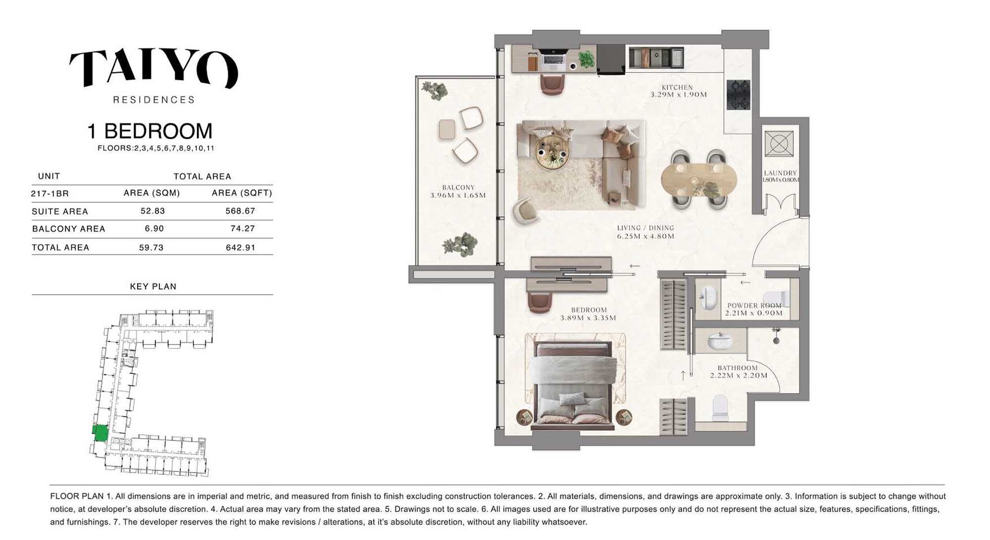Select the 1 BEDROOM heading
point(149,131)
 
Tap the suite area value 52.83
point(152,211)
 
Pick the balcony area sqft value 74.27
point(243,228)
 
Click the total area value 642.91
point(241,247)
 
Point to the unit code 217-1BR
point(49,193)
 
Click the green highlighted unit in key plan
point(100,433)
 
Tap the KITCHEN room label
point(677,87)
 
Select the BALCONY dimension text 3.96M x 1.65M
point(458,195)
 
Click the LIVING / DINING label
point(645,228)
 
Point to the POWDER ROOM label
point(754,306)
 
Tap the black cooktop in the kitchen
point(738,94)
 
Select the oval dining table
point(698,180)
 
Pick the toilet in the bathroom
point(720,406)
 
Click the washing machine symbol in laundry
point(779,144)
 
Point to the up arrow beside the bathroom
point(683,375)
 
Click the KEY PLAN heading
point(153,286)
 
